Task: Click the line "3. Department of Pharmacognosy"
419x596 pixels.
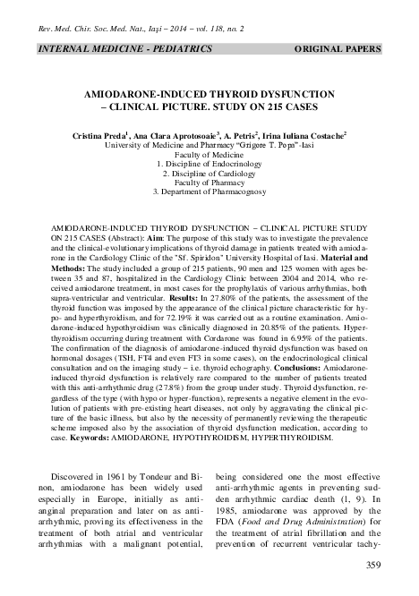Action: pyautogui.click(x=209, y=192)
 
